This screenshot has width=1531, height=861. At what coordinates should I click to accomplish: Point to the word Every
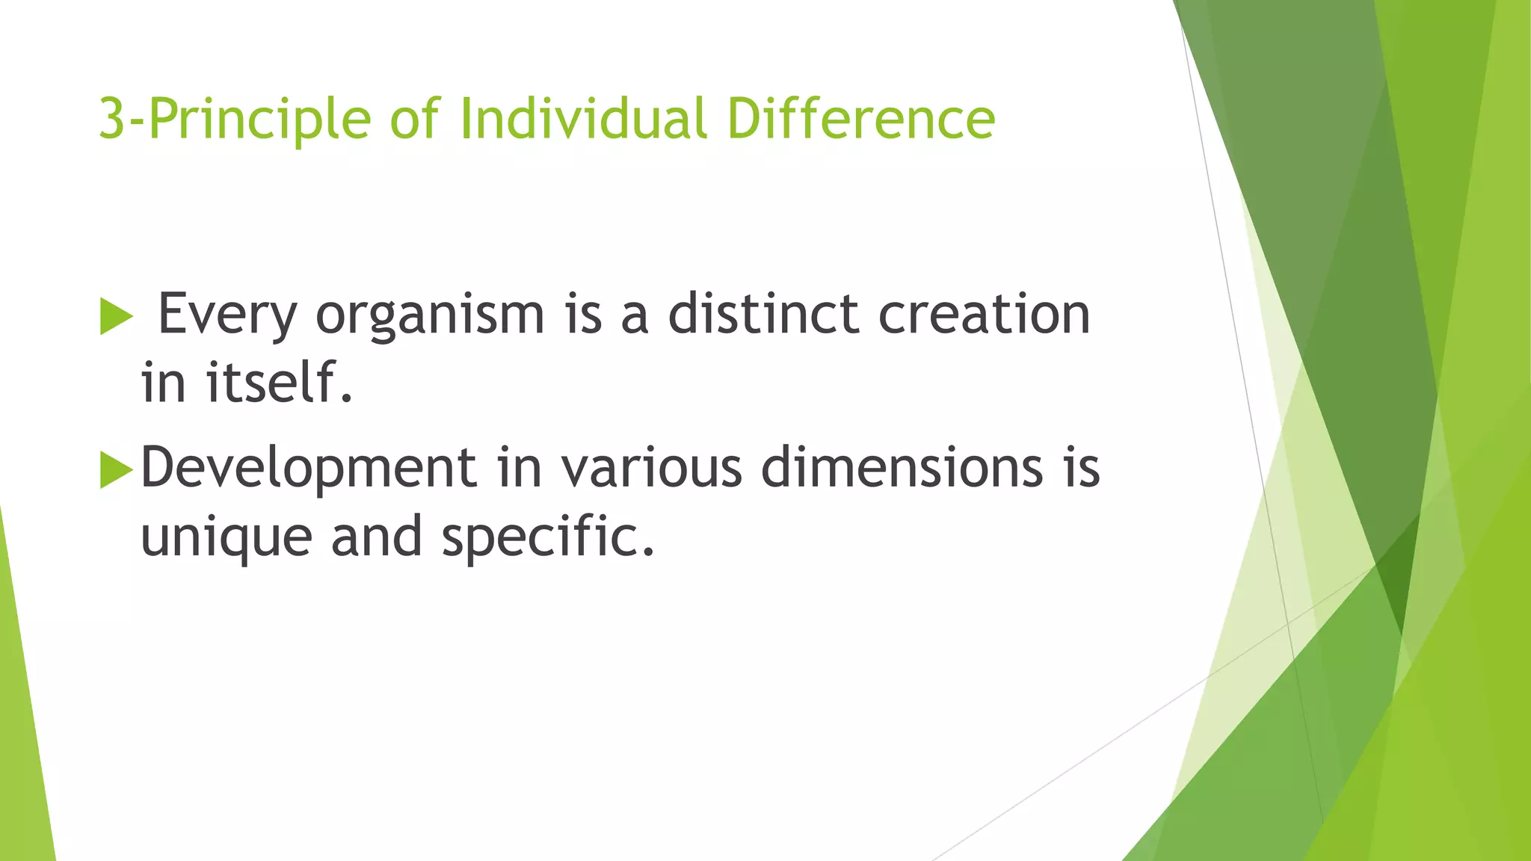pos(227,315)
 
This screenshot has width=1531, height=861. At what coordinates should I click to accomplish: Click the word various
pos(652,468)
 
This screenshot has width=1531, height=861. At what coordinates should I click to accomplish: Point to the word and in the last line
pos(376,537)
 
